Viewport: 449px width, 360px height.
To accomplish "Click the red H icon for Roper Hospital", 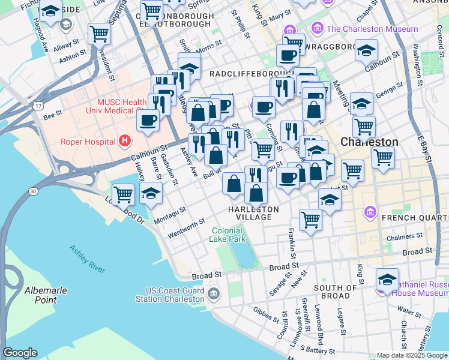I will pos(125,141).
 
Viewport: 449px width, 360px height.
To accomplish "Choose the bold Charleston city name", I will pos(369,142).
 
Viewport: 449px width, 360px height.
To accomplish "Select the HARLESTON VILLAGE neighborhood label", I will pos(253,212).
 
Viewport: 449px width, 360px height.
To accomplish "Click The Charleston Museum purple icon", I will pos(317,29).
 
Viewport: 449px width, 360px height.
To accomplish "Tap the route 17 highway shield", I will pos(38,106).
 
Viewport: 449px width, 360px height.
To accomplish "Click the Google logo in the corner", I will pos(20,353).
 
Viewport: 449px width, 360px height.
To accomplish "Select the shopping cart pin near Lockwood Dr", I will pos(123,194).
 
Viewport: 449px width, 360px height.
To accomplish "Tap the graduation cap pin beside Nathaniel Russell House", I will pos(387,279).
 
